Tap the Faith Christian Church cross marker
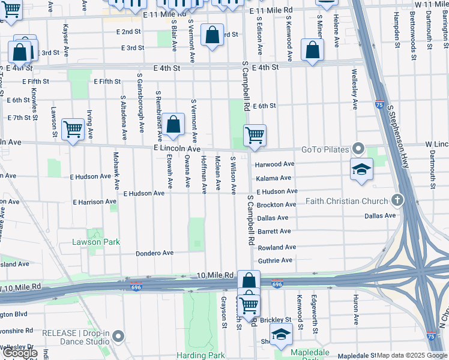[x=396, y=200]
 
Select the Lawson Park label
[x=96, y=242]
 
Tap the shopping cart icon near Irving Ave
[x=73, y=128]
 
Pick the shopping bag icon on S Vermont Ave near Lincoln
[x=173, y=125]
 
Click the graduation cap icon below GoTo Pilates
[x=362, y=169]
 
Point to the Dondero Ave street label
[x=154, y=253]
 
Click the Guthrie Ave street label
[x=275, y=260]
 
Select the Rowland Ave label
[x=277, y=247]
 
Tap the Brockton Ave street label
[x=276, y=205]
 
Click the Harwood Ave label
[x=274, y=164]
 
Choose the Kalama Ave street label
[x=273, y=178]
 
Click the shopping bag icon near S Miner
[x=312, y=50]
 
